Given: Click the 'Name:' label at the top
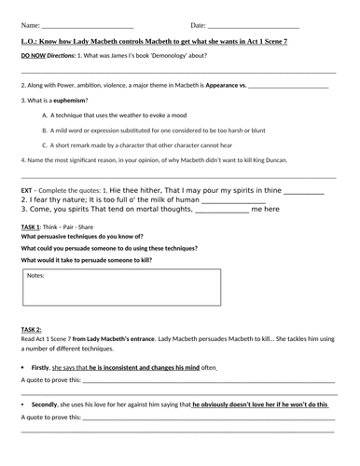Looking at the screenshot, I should point(30,25).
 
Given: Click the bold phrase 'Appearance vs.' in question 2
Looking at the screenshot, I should point(226,85).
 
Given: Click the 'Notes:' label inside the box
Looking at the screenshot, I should point(35,276).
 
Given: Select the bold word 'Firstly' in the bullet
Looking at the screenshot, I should point(40,368).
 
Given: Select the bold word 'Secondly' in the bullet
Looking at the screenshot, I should point(44,404).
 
